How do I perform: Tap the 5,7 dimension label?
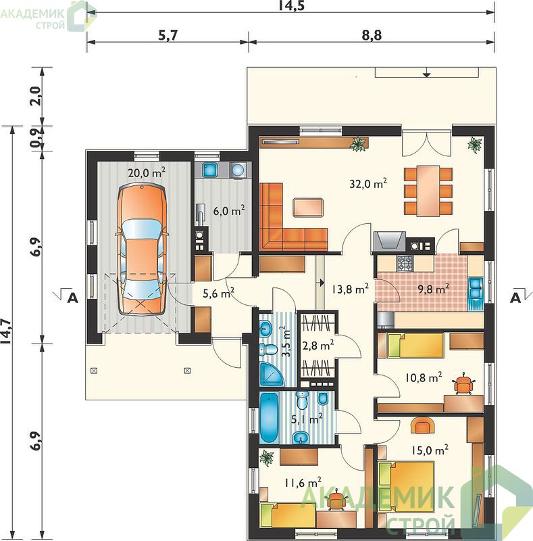[168, 35]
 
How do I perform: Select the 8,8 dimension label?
[372, 35]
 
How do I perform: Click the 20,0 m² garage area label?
[147, 172]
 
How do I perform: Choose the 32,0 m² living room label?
[368, 183]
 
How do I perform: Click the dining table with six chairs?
[428, 191]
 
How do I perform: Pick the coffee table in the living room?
[308, 207]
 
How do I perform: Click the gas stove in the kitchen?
[405, 263]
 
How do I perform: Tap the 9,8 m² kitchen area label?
[434, 289]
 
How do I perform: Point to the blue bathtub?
[269, 418]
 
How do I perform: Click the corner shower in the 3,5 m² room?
[272, 374]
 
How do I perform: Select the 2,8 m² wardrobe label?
[318, 345]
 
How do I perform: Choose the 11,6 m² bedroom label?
[303, 482]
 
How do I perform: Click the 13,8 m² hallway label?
[351, 289]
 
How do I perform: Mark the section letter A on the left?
[72, 298]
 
